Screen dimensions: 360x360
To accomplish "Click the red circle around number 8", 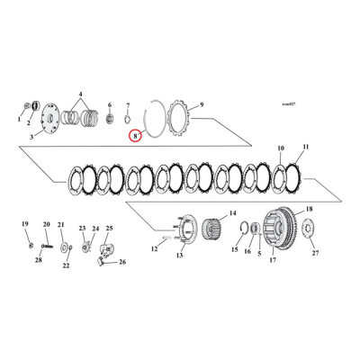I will click(134, 136).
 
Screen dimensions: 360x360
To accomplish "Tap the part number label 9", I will click(201, 104).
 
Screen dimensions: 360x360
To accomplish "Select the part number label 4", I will click(80, 94).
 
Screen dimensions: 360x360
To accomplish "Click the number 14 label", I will click(231, 213).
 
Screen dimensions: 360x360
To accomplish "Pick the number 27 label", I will click(315, 254).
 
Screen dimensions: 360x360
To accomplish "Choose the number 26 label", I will click(123, 262).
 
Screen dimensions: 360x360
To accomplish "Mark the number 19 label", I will click(25, 223).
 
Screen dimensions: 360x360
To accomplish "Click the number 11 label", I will click(305, 147).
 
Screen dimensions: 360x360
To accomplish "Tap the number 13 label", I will click(178, 256).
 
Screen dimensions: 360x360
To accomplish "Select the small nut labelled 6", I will click(109, 118).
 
